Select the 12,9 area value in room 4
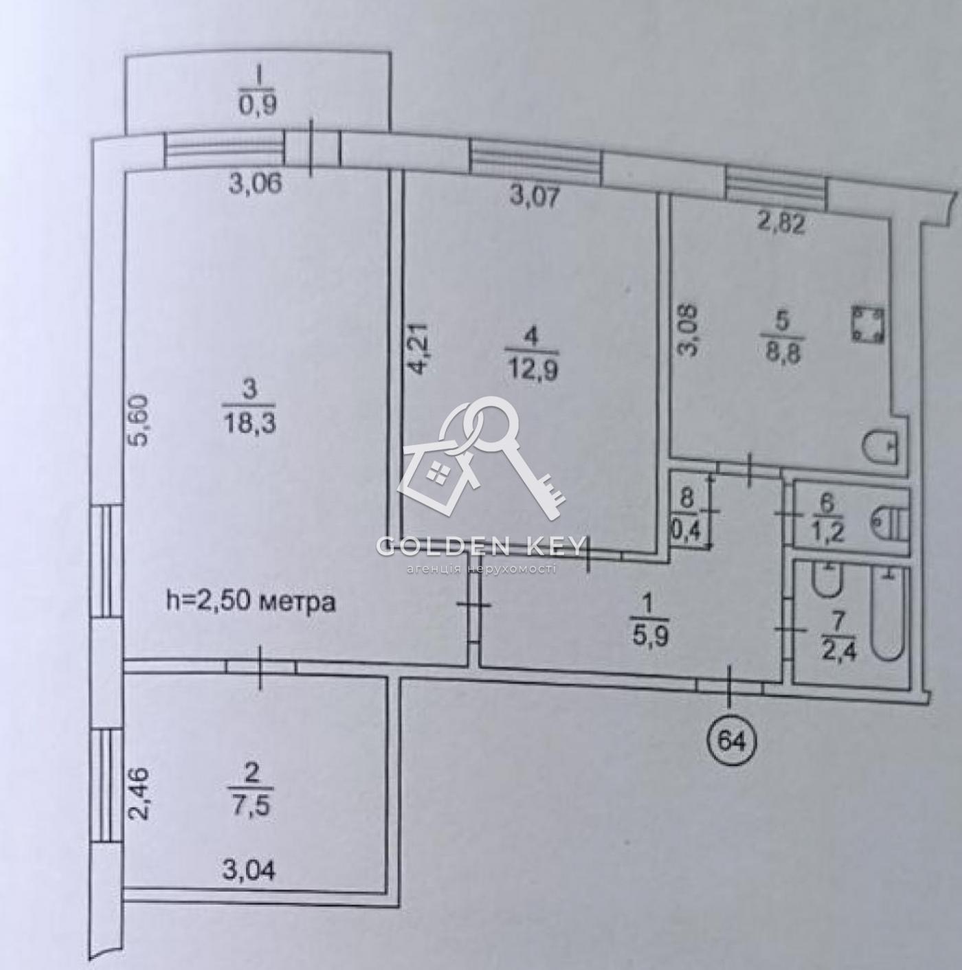pos(530,372)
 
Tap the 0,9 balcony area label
pos(258,104)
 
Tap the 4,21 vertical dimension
pos(420,348)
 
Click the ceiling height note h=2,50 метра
pos(250,602)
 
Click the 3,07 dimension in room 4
pos(534,197)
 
